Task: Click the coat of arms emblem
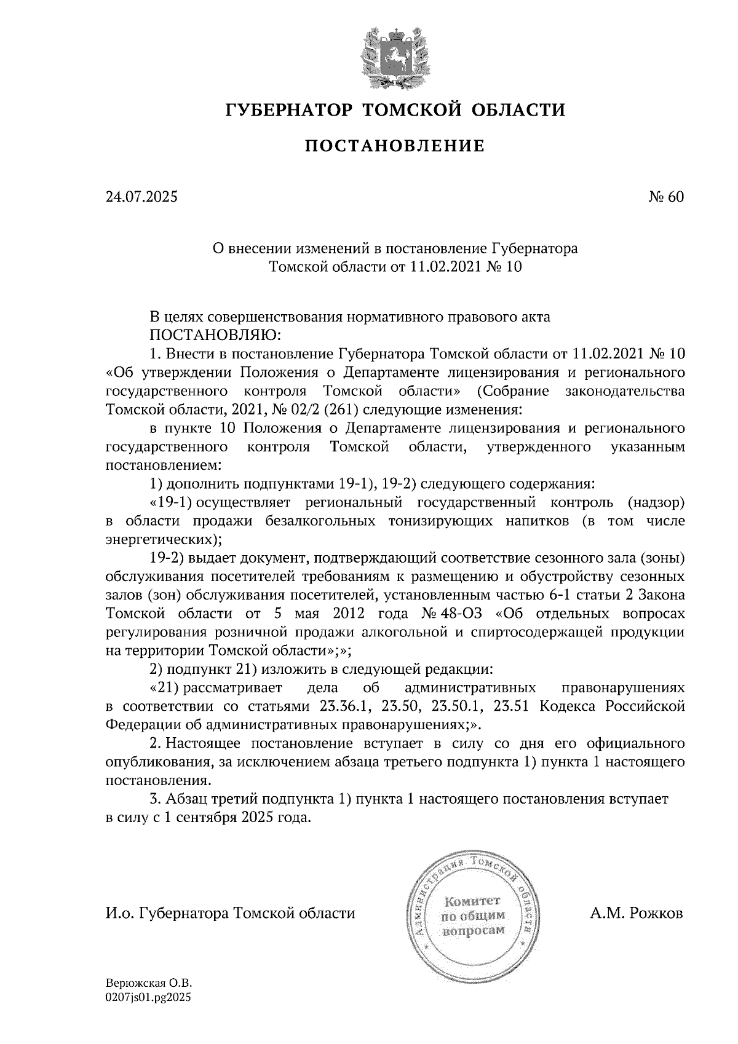click(394, 57)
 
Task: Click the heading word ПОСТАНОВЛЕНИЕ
click(394, 146)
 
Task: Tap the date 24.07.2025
click(141, 197)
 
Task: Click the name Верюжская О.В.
click(145, 984)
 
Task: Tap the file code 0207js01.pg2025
click(148, 998)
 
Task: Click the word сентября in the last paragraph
click(204, 818)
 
